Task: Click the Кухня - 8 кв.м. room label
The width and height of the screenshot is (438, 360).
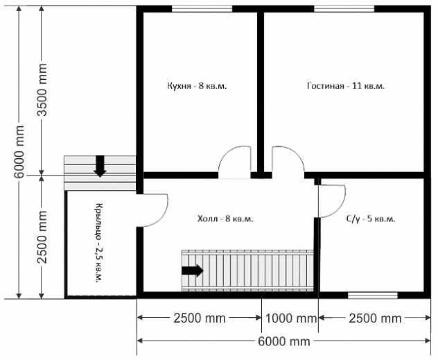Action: (197, 85)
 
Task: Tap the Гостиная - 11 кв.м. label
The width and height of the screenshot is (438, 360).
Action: (346, 85)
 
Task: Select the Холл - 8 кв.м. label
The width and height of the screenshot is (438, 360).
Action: (225, 218)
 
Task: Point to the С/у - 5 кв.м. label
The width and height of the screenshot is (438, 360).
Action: (371, 218)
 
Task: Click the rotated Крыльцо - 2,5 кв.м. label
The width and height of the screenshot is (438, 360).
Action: (98, 242)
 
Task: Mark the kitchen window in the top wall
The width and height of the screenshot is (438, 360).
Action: (202, 9)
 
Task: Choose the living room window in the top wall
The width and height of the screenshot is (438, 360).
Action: (344, 9)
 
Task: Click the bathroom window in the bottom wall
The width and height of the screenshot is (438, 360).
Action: (373, 295)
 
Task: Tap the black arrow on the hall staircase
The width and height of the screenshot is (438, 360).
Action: (193, 271)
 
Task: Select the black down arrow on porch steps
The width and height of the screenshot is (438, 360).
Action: (100, 166)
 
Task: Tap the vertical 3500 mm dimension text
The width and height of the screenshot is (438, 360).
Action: (42, 89)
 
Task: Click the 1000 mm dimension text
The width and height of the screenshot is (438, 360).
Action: (290, 318)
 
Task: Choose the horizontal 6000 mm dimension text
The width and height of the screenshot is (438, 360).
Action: (283, 341)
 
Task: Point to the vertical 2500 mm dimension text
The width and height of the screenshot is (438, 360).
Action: (42, 237)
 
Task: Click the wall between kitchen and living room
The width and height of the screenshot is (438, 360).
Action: (261, 92)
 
